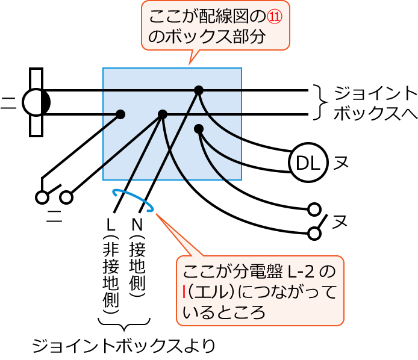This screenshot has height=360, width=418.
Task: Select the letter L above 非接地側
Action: [x=110, y=225]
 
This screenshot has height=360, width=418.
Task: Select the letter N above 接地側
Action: [x=137, y=225]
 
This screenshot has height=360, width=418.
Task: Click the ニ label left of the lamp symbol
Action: [x=8, y=103]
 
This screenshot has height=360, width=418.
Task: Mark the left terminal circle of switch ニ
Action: [x=42, y=197]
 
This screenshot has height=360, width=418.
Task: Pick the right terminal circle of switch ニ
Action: [x=66, y=197]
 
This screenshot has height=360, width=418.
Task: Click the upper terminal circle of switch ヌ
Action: [x=314, y=209]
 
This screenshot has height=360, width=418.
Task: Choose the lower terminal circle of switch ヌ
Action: [x=314, y=233]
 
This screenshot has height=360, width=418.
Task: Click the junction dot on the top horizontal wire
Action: [x=199, y=90]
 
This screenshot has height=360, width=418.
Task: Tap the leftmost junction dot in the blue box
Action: [x=120, y=114]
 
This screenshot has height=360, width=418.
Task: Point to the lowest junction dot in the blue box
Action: [x=199, y=128]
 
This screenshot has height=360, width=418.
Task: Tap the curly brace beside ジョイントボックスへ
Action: [x=321, y=102]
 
